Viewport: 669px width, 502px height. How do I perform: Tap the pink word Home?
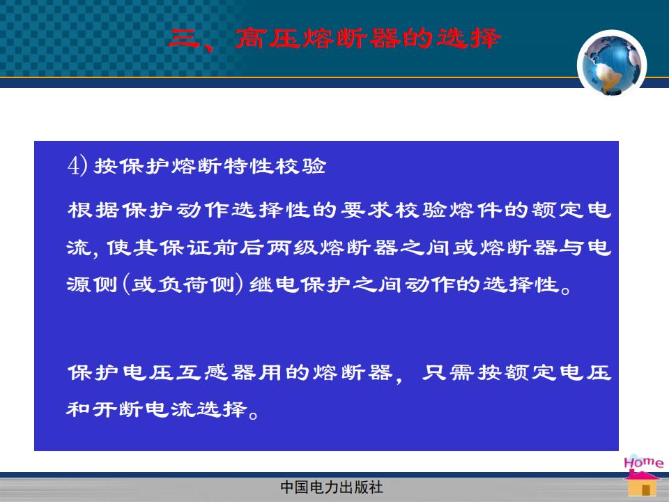(x=643, y=462)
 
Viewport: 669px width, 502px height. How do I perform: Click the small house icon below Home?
(x=643, y=484)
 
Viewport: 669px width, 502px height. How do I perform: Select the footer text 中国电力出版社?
(x=332, y=487)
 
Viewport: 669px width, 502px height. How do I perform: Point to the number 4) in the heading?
(x=77, y=165)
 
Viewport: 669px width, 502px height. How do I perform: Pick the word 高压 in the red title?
(x=268, y=38)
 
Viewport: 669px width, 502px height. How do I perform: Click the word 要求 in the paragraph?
(x=367, y=210)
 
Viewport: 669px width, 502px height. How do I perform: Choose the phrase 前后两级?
(x=266, y=248)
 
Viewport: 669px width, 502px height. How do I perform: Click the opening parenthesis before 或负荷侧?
(x=126, y=284)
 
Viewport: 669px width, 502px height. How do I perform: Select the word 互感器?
(x=217, y=372)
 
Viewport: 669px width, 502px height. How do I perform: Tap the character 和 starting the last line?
(x=78, y=409)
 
